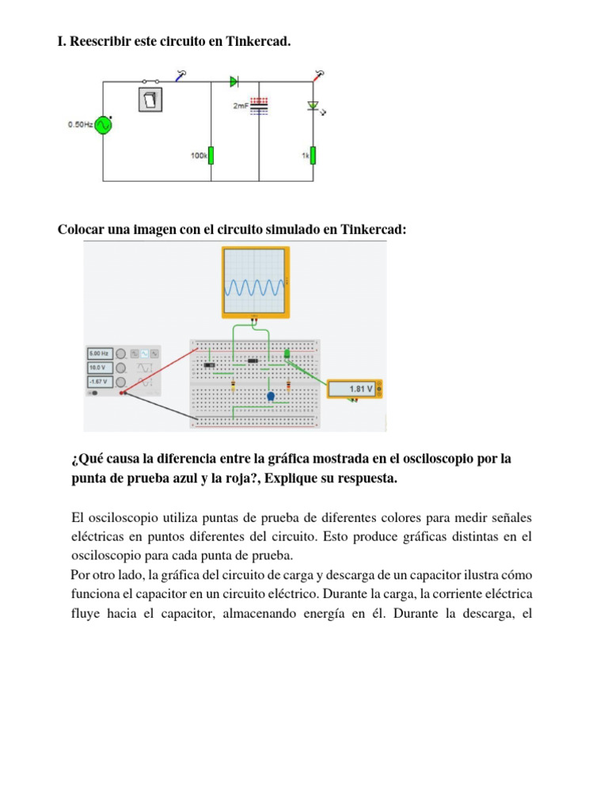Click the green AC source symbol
pos(103,125)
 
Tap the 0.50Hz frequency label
pos(80,125)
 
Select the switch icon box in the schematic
pos(150,99)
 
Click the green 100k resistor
pos(211,155)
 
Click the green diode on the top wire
pos(234,81)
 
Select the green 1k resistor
pos(313,155)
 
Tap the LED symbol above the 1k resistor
pos(313,106)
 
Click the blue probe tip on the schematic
pos(181,75)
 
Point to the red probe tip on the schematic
pos(318,74)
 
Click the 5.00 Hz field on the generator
pos(100,354)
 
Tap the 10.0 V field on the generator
pos(100,368)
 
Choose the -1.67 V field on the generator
pos(100,382)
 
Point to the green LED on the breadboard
pos(287,354)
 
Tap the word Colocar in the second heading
pos(81,229)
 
